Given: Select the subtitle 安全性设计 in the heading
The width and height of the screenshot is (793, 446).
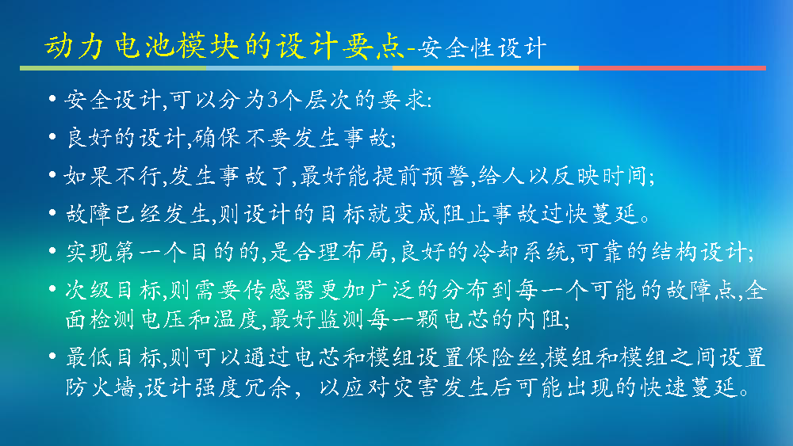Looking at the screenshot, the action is [482, 48].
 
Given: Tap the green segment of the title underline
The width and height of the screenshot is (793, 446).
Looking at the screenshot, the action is [113, 68].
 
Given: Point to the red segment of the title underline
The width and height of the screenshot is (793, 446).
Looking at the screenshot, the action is [672, 68].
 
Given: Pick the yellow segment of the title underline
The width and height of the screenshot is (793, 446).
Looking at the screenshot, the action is [485, 68].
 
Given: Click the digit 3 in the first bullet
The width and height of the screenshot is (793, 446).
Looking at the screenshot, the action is [274, 100].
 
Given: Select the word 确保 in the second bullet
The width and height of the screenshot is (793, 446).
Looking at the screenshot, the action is [218, 138].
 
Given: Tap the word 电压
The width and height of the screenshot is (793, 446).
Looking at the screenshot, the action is [164, 319].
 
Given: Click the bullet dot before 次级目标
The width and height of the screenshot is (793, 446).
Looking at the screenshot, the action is [52, 289].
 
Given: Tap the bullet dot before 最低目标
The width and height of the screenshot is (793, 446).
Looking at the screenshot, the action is [52, 356].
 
